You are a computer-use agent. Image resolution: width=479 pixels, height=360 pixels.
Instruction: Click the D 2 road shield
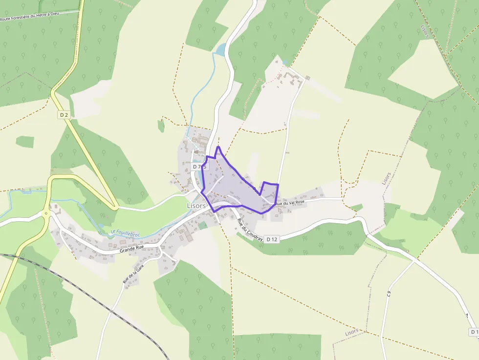tap(63, 115)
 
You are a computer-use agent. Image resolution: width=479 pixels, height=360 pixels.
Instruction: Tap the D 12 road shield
tap(272, 239)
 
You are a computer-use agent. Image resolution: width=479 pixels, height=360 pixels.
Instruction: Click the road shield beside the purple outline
tap(199, 167)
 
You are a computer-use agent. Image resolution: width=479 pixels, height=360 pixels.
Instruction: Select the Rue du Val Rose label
tap(290, 202)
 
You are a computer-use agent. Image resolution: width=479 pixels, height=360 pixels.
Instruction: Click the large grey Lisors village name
tap(196, 206)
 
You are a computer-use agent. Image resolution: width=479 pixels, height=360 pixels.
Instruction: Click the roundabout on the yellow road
tap(46, 213)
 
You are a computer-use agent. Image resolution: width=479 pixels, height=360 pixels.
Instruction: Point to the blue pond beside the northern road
tap(221, 49)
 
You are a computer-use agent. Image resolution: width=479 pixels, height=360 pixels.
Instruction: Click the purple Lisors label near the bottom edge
tap(351, 332)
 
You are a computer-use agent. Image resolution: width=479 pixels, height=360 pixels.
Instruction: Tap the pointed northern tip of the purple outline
tap(218, 147)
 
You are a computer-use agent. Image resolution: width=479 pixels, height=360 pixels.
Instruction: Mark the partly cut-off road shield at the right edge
tap(474, 332)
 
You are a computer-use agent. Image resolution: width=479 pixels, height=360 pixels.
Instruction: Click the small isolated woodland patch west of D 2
tap(25, 142)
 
